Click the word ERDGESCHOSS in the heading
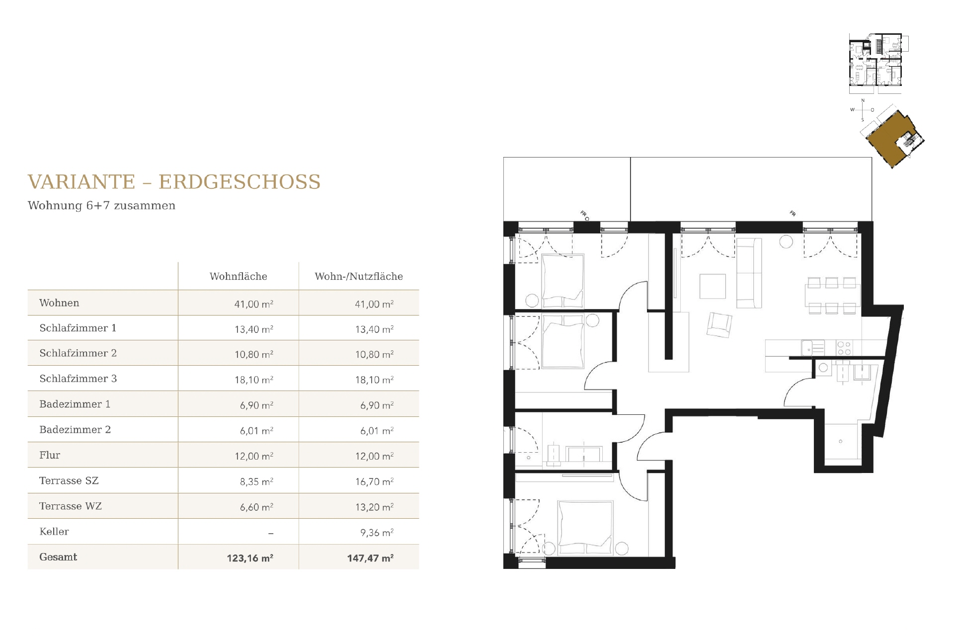point(239,182)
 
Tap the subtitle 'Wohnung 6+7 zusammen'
point(102,206)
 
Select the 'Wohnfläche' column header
point(238,276)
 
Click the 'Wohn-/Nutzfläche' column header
point(359,276)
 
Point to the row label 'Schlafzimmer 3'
point(78,379)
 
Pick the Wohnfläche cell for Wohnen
point(254,304)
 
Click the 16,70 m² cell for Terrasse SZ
point(374,481)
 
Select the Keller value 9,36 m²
point(377,533)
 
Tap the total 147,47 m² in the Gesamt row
point(370,558)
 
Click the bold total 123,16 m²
point(250,558)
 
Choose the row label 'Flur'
point(50,455)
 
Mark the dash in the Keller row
point(271,534)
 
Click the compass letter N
point(863,101)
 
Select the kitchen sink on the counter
point(812,348)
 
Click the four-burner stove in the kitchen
point(844,348)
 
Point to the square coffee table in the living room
point(713,286)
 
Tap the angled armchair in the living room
point(719,325)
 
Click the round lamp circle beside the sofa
point(786,241)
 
